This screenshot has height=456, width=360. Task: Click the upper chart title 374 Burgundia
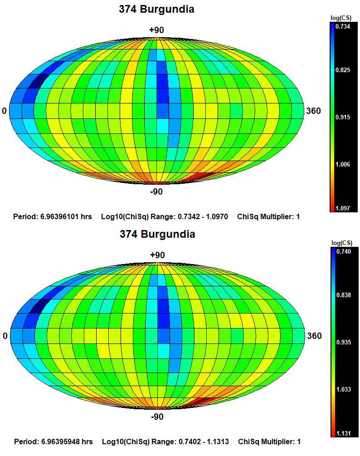pos(156,9)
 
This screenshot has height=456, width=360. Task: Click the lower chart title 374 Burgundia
pos(157,234)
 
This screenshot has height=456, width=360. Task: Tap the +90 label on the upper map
pos(156,30)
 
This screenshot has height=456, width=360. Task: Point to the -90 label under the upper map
pos(156,191)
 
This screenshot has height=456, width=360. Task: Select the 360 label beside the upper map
pos(313,111)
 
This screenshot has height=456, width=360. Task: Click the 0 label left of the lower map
pos(5,336)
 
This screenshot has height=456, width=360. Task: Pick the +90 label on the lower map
pos(157,255)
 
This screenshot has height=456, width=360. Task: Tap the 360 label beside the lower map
pos(314,336)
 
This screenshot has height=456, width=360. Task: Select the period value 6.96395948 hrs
pos(67,441)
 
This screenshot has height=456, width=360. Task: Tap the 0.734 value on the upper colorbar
pos(342,27)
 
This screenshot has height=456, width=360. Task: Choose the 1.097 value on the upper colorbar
pos(342,208)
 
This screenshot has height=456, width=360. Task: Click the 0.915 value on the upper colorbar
pos(342,118)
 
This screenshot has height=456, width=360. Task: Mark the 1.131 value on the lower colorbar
pos(343,433)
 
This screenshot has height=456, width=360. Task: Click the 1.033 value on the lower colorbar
pos(343,389)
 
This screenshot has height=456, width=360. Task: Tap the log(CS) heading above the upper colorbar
pos(341,18)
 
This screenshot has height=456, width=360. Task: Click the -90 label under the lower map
pos(157,417)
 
